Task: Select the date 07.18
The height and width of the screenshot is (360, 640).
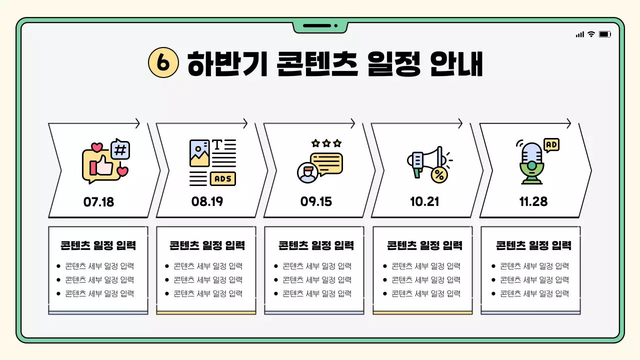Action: click(x=98, y=202)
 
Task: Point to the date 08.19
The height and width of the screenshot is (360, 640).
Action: click(x=207, y=201)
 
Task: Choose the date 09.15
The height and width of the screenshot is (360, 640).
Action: click(x=316, y=202)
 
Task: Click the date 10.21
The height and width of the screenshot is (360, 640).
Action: click(x=424, y=201)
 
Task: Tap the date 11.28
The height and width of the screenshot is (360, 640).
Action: click(x=533, y=201)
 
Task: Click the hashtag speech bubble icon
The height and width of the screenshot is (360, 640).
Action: click(x=120, y=149)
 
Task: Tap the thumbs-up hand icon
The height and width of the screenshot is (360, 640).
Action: click(x=103, y=164)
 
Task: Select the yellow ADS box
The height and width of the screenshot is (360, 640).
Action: click(x=223, y=178)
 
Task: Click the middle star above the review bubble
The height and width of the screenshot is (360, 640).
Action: click(x=326, y=143)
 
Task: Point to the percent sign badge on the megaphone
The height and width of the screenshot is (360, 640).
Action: click(x=439, y=175)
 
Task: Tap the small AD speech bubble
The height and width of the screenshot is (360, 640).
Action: click(x=551, y=145)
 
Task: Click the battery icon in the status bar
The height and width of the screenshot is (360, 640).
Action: click(x=605, y=34)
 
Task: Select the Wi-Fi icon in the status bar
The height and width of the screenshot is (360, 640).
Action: click(x=591, y=34)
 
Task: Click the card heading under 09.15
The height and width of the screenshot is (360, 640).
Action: click(x=316, y=245)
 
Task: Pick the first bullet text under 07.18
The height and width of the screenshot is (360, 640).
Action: click(x=99, y=266)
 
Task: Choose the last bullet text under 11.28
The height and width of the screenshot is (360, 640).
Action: click(x=534, y=294)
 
